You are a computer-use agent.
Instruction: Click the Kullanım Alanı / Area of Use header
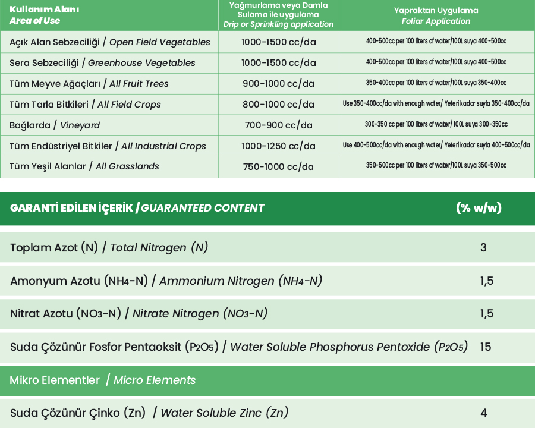pyautogui.click(x=36, y=15)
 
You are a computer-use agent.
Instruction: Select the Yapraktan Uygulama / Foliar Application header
pyautogui.click(x=436, y=15)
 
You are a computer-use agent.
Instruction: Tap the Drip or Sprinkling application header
pyautogui.click(x=278, y=15)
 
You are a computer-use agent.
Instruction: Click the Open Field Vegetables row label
pyautogui.click(x=110, y=42)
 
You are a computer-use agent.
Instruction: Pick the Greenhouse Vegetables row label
pyautogui.click(x=102, y=63)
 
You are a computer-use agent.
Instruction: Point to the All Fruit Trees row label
pyautogui.click(x=89, y=84)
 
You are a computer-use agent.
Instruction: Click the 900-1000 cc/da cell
pyautogui.click(x=278, y=84)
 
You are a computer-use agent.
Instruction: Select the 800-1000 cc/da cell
pyautogui.click(x=278, y=105)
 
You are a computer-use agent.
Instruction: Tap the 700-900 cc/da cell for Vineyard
pyautogui.click(x=278, y=125)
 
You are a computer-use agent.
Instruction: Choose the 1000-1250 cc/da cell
pyautogui.click(x=278, y=146)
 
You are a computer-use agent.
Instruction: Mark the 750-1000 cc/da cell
pyautogui.click(x=278, y=167)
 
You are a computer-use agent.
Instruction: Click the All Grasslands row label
pyautogui.click(x=84, y=166)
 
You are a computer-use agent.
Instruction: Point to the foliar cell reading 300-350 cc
pyautogui.click(x=436, y=125)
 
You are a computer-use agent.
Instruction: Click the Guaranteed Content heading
pyautogui.click(x=137, y=208)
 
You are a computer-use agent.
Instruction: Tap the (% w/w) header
pyautogui.click(x=479, y=208)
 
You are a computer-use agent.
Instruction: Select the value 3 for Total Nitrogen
pyautogui.click(x=483, y=247)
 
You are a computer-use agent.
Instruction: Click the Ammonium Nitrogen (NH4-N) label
pyautogui.click(x=166, y=281)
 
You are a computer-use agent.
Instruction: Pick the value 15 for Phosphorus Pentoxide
pyautogui.click(x=486, y=347)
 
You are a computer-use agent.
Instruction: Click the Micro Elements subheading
pyautogui.click(x=102, y=380)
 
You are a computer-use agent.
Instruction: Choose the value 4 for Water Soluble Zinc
pyautogui.click(x=484, y=413)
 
